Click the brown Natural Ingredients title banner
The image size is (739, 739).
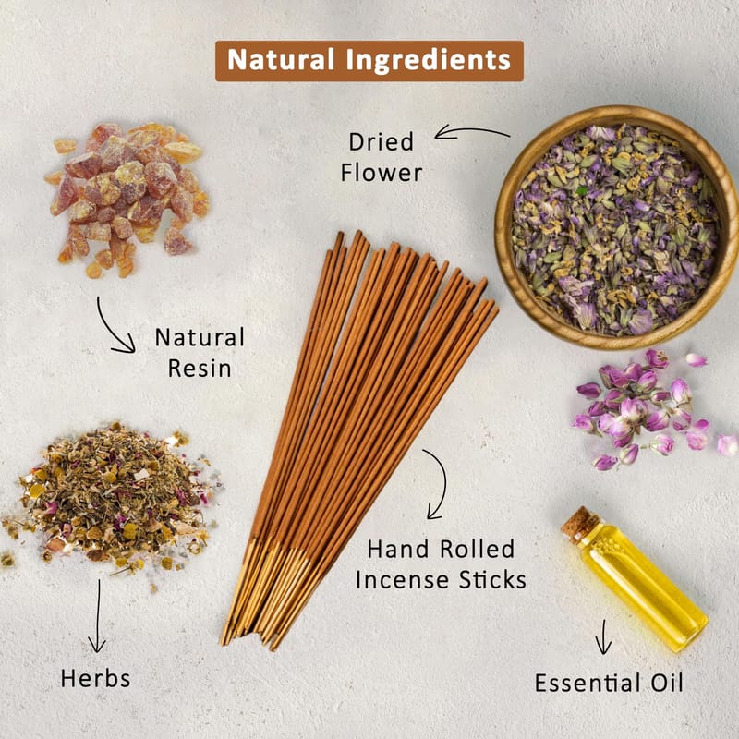369,61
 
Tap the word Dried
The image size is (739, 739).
382,142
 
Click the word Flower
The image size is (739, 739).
382,173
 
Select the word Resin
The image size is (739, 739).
200,368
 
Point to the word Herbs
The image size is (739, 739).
96,679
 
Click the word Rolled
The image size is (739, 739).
477,549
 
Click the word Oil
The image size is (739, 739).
667,683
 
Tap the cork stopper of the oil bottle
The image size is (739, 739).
579,525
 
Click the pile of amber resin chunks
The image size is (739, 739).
127,198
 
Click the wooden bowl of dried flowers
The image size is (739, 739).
616,227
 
